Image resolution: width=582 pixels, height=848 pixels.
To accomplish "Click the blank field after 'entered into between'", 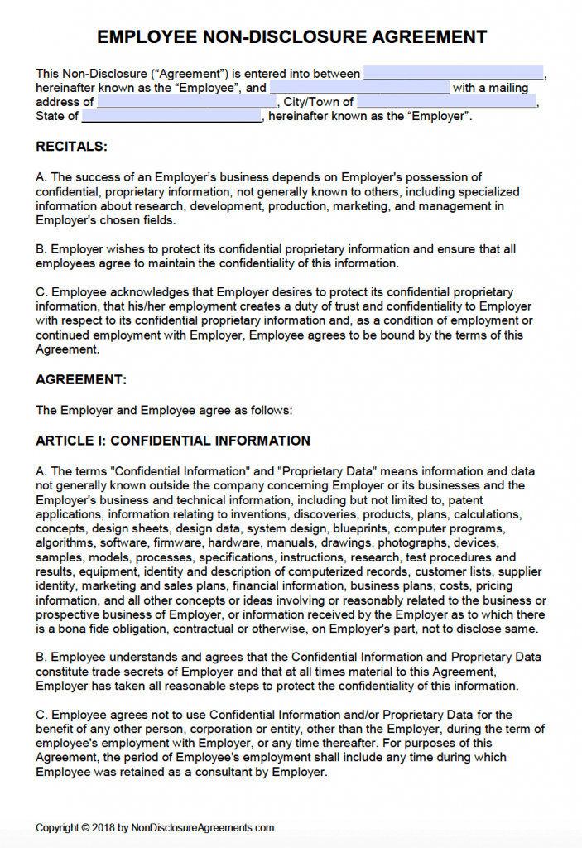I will (454, 73).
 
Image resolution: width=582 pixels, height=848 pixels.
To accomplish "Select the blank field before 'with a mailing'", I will (359, 88).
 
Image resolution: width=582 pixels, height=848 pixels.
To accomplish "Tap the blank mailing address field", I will (187, 102).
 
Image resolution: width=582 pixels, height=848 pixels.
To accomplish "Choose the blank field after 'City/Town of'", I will (446, 102).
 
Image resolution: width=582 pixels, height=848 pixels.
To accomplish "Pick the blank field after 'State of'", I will (172, 117).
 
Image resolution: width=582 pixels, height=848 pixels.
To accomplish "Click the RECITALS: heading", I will (71, 147).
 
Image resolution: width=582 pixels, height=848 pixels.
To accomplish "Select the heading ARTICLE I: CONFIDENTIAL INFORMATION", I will (173, 441).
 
